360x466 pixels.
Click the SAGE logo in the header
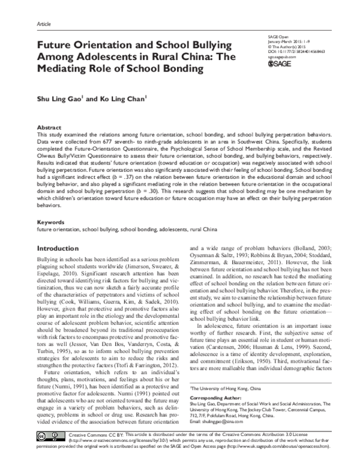[x=278, y=63]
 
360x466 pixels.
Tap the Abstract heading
[x=49, y=129]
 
